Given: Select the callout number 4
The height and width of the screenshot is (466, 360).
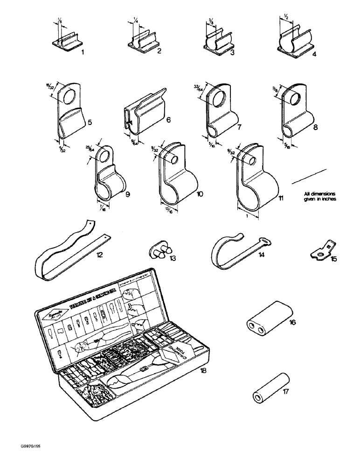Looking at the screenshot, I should point(314,54).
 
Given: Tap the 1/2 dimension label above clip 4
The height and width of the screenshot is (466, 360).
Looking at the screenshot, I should point(285,17).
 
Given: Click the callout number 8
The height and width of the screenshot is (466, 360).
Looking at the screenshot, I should point(316,126).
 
